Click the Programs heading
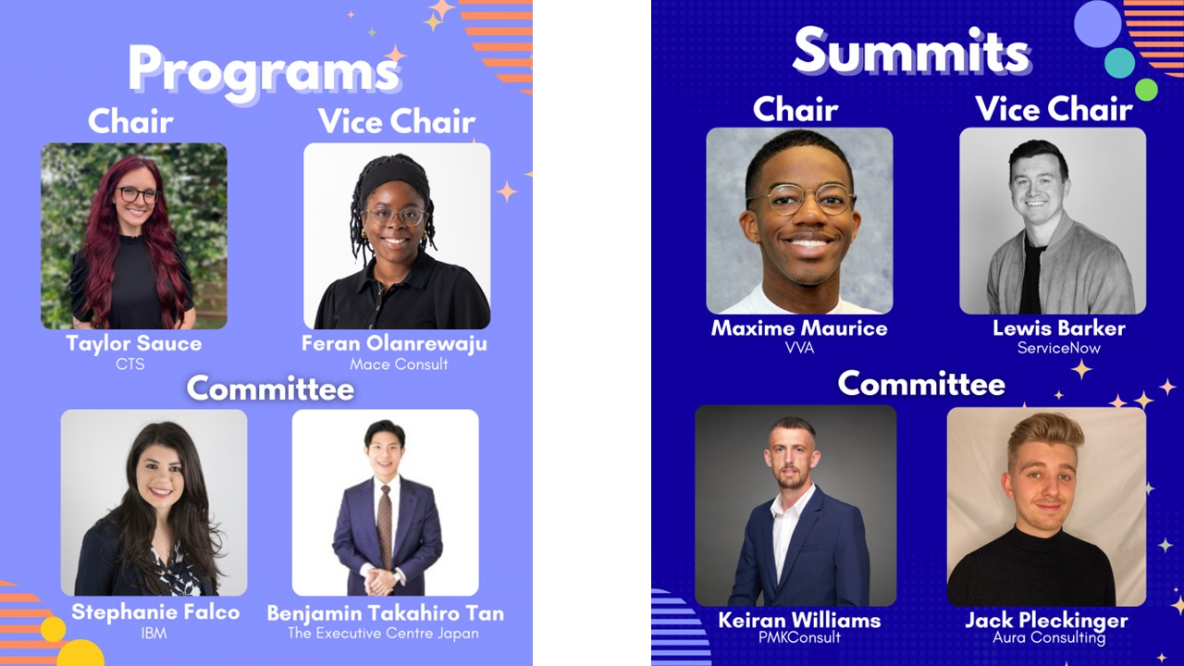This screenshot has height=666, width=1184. point(264,71)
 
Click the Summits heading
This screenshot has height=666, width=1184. point(912,50)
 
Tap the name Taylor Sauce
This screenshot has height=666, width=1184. point(134,343)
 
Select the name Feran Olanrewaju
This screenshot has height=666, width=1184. point(394,343)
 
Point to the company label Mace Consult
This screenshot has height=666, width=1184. point(399,364)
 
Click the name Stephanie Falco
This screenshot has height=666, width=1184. point(155,612)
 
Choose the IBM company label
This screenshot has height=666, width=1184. point(154,634)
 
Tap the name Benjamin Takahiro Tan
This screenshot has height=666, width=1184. point(386,613)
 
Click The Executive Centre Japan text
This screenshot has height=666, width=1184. point(383,634)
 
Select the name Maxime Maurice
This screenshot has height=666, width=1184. point(799,328)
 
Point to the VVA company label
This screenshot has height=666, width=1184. point(800,348)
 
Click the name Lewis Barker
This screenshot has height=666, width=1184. point(1059,328)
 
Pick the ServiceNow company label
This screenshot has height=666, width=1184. point(1059,348)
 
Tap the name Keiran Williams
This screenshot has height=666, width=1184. point(799,620)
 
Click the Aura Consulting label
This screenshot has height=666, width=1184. point(1049,637)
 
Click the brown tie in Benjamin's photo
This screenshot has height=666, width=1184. point(385,526)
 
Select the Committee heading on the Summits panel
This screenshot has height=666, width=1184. point(921,384)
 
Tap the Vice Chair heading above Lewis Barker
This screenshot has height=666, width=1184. point(1054,109)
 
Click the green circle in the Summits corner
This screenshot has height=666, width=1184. point(1146,90)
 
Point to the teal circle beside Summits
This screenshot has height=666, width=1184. point(1119,63)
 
